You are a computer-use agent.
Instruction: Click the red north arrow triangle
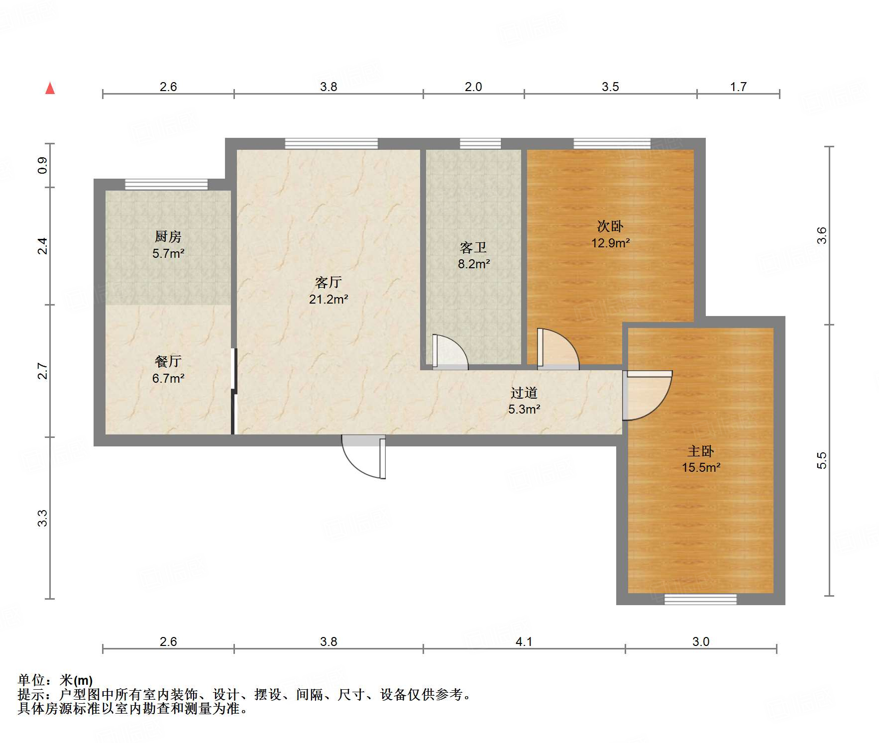coord(50,88)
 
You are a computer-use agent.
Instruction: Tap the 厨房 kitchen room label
coord(168,236)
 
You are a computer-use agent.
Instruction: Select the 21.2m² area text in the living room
coord(328,299)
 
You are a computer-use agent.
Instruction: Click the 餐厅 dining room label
coord(168,361)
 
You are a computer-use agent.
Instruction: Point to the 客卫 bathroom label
coord(473,247)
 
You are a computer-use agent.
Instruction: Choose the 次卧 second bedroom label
coord(610,226)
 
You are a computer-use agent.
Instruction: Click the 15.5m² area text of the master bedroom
coord(701,467)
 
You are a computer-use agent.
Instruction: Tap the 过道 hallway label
coord(524,393)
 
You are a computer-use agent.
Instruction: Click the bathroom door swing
coord(449,352)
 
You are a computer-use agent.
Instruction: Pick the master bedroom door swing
coord(647,396)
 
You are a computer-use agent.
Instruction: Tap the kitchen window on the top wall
coord(166,184)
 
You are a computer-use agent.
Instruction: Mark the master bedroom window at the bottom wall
coord(700,599)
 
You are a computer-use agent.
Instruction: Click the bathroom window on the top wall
coord(480,144)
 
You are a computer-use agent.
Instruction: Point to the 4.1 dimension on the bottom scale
coord(524,641)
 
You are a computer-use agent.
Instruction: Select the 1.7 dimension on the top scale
coord(738,87)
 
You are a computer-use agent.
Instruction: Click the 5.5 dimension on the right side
coord(821,460)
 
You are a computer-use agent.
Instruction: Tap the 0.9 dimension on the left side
coord(43,165)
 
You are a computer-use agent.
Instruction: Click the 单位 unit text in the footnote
coord(31,680)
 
